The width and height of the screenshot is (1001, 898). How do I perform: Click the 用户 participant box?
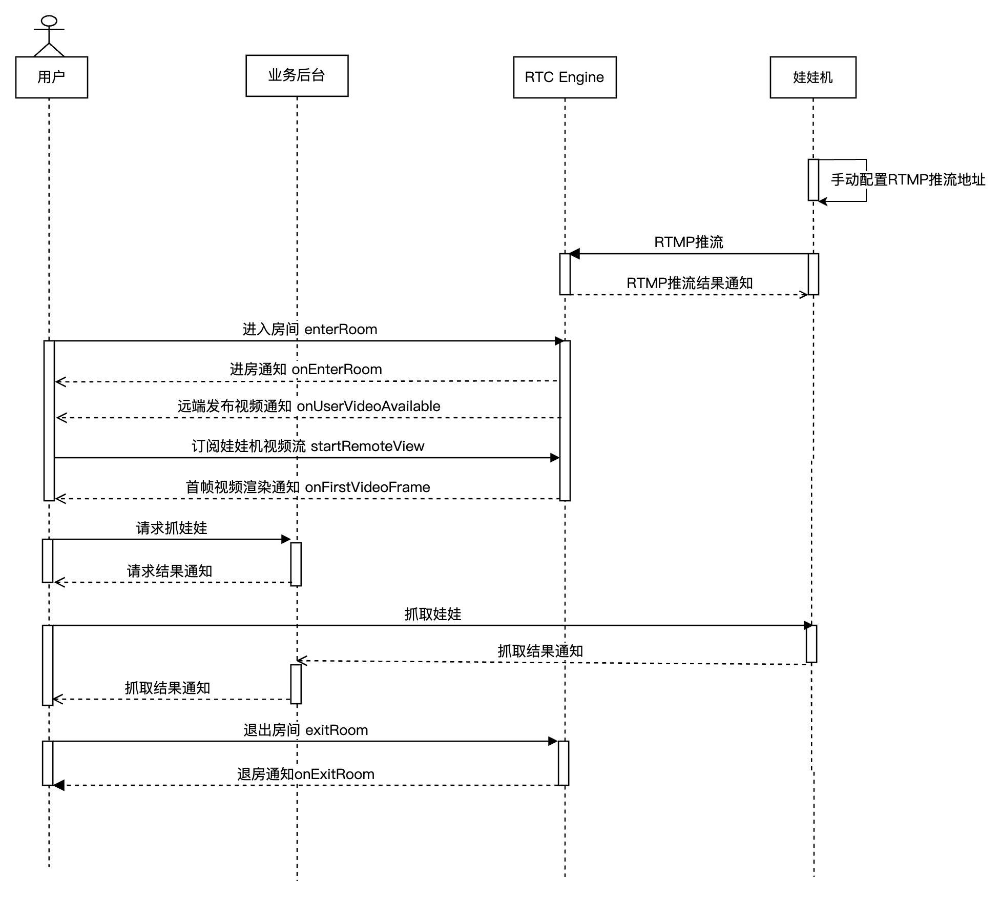(x=51, y=77)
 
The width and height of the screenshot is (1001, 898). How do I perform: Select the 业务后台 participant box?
(x=297, y=76)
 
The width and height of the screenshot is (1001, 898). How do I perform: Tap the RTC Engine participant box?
(x=565, y=77)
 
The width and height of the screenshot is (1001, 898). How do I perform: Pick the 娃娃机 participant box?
(x=812, y=77)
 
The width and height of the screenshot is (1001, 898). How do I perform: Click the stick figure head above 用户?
(x=49, y=21)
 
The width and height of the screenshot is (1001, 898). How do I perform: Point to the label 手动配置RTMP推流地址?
(x=908, y=180)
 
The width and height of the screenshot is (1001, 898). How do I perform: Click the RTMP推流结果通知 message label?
(x=690, y=283)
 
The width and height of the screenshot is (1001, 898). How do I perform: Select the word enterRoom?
(x=341, y=330)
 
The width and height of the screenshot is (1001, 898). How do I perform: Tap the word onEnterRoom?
(x=337, y=370)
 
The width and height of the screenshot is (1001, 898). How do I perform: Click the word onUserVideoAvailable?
(x=368, y=406)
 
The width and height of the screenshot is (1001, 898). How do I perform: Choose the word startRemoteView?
(x=367, y=446)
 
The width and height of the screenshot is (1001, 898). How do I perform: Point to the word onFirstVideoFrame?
(x=367, y=487)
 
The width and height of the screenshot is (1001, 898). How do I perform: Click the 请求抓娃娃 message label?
(x=172, y=528)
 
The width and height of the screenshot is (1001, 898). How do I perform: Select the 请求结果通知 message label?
(x=170, y=572)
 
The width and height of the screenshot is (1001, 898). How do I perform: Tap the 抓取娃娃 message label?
(x=433, y=615)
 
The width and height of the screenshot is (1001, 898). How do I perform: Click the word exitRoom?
(x=337, y=730)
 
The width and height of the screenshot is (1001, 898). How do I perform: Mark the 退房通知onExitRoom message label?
(x=306, y=774)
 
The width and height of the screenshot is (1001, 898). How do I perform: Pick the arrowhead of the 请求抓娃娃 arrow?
(x=286, y=539)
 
